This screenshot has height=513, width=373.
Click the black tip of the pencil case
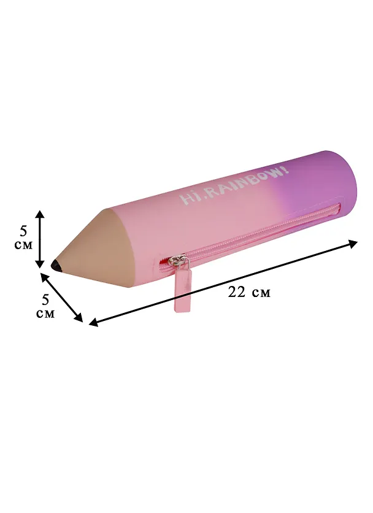click(56, 266)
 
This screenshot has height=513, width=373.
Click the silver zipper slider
click(179, 261)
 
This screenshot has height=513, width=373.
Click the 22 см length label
click(249, 292)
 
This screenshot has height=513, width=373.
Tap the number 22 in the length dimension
click(237, 292)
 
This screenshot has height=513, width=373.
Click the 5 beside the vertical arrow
click(23, 231)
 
